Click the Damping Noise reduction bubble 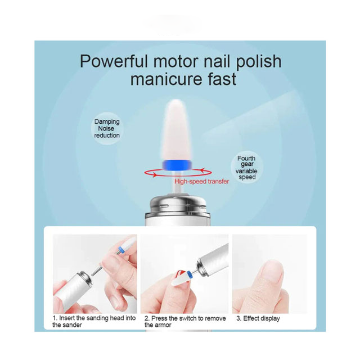107,129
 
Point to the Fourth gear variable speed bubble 247,168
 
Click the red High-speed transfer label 201,181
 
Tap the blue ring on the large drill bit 176,165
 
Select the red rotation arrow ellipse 178,173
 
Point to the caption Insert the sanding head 94,321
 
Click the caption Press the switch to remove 185,321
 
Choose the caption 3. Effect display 258,318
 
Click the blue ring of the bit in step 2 190,274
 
